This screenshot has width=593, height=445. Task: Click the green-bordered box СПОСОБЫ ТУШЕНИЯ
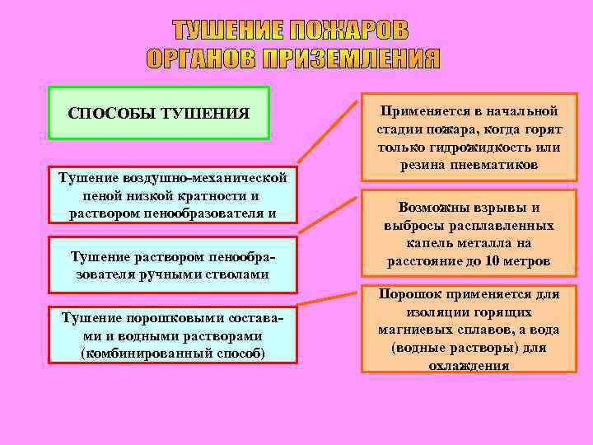tap(159, 112)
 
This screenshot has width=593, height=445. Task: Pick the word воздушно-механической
tap(205, 178)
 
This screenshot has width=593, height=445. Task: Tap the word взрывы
tap(498, 208)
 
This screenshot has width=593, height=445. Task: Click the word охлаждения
tap(469, 366)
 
